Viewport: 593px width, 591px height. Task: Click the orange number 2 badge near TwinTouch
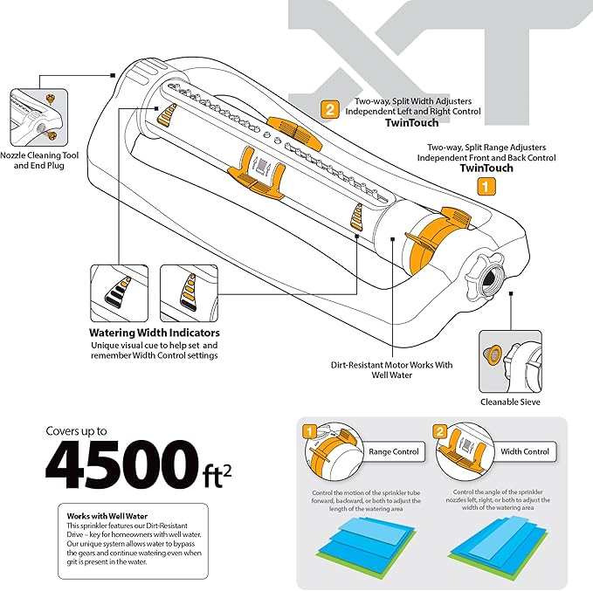pos(330,110)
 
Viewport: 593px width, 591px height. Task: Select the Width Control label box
pos(524,452)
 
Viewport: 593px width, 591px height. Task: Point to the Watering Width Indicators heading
pos(155,333)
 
